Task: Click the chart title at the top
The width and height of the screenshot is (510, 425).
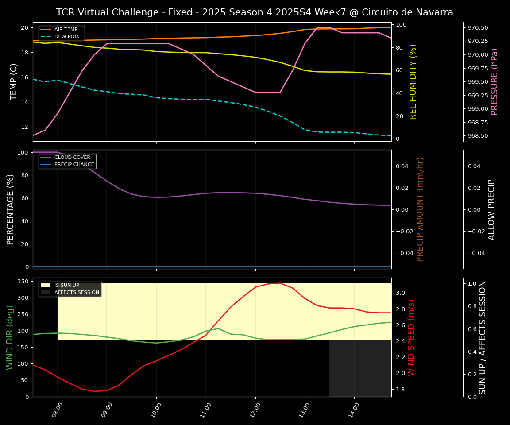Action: point(255,12)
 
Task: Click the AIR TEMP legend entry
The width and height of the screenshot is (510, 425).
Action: point(66,30)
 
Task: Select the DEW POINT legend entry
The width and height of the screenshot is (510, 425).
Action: point(68,37)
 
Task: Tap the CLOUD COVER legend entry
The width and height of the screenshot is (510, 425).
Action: point(72,158)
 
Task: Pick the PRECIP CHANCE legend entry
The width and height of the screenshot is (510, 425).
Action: point(74,165)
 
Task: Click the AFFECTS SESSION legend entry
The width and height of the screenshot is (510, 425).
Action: point(77,293)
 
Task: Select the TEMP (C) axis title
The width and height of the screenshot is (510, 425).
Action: point(14,81)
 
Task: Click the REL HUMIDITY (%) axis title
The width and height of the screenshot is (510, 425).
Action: point(413,81)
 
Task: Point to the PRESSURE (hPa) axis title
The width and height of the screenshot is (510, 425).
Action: point(495,81)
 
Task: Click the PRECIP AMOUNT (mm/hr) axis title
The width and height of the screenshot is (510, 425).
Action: point(421,209)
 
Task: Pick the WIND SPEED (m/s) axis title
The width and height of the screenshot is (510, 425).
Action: point(412,337)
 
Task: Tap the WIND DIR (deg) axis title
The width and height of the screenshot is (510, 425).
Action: point(10,337)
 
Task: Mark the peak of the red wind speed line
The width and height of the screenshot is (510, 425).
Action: point(279,283)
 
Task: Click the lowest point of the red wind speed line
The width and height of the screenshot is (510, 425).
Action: point(94,391)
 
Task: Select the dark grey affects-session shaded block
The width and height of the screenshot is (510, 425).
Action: point(360,368)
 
